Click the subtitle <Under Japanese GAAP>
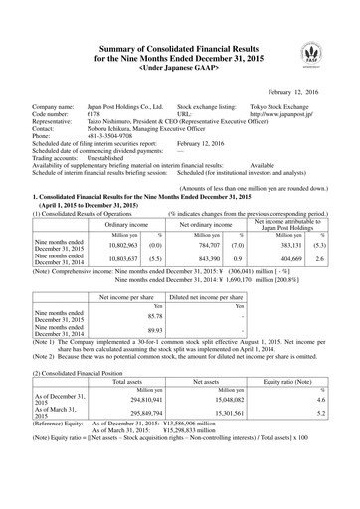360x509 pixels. click(179, 42)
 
